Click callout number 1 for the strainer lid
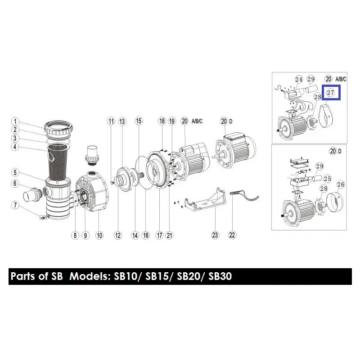(15, 121)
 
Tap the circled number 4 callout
(15, 147)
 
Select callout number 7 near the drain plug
(15, 205)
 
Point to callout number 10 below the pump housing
(99, 235)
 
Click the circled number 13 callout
(122, 121)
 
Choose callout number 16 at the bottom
(146, 235)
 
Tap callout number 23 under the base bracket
(215, 235)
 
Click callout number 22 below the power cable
(232, 235)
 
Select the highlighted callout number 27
(331, 93)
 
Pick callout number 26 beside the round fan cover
(341, 184)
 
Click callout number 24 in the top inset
(299, 80)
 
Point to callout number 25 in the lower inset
(328, 179)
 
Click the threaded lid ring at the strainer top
(58, 128)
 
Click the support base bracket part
(206, 199)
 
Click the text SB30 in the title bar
(220, 276)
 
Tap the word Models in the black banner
(88, 276)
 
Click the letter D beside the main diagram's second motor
(230, 121)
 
